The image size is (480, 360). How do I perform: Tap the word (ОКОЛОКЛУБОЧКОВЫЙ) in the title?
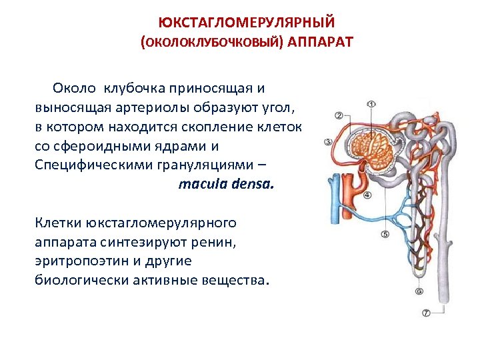tap(211, 42)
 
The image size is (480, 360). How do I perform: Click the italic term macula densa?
tap(226, 183)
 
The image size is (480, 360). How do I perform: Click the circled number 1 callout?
tap(371, 104)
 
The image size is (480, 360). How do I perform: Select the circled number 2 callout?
tap(339, 116)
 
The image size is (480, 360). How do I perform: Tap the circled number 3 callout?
tap(328, 141)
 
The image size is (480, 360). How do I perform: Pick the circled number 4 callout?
tap(368, 195)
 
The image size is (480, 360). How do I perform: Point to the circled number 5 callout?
tap(385, 234)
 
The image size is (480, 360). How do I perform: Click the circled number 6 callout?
tap(419, 291)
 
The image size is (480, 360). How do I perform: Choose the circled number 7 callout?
tap(425, 313)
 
